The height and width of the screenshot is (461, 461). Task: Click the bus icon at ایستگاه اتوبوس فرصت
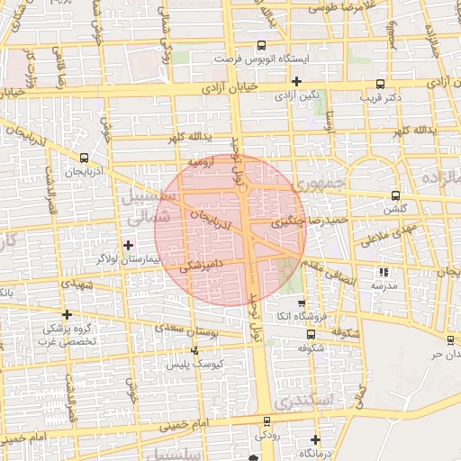[261, 45]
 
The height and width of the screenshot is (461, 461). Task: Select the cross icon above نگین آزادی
[296, 81]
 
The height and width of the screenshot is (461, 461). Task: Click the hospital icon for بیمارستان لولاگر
[129, 244]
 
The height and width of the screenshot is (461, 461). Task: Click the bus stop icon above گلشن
[395, 195]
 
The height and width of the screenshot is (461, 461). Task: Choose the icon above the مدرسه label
[384, 271]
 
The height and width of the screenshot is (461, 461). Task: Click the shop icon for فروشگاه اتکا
[301, 304]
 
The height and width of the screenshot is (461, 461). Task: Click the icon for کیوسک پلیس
[194, 351]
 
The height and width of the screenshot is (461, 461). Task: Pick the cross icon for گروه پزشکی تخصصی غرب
[66, 313]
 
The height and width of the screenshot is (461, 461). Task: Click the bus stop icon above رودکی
[266, 422]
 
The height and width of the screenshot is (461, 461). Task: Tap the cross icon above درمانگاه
[314, 439]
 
